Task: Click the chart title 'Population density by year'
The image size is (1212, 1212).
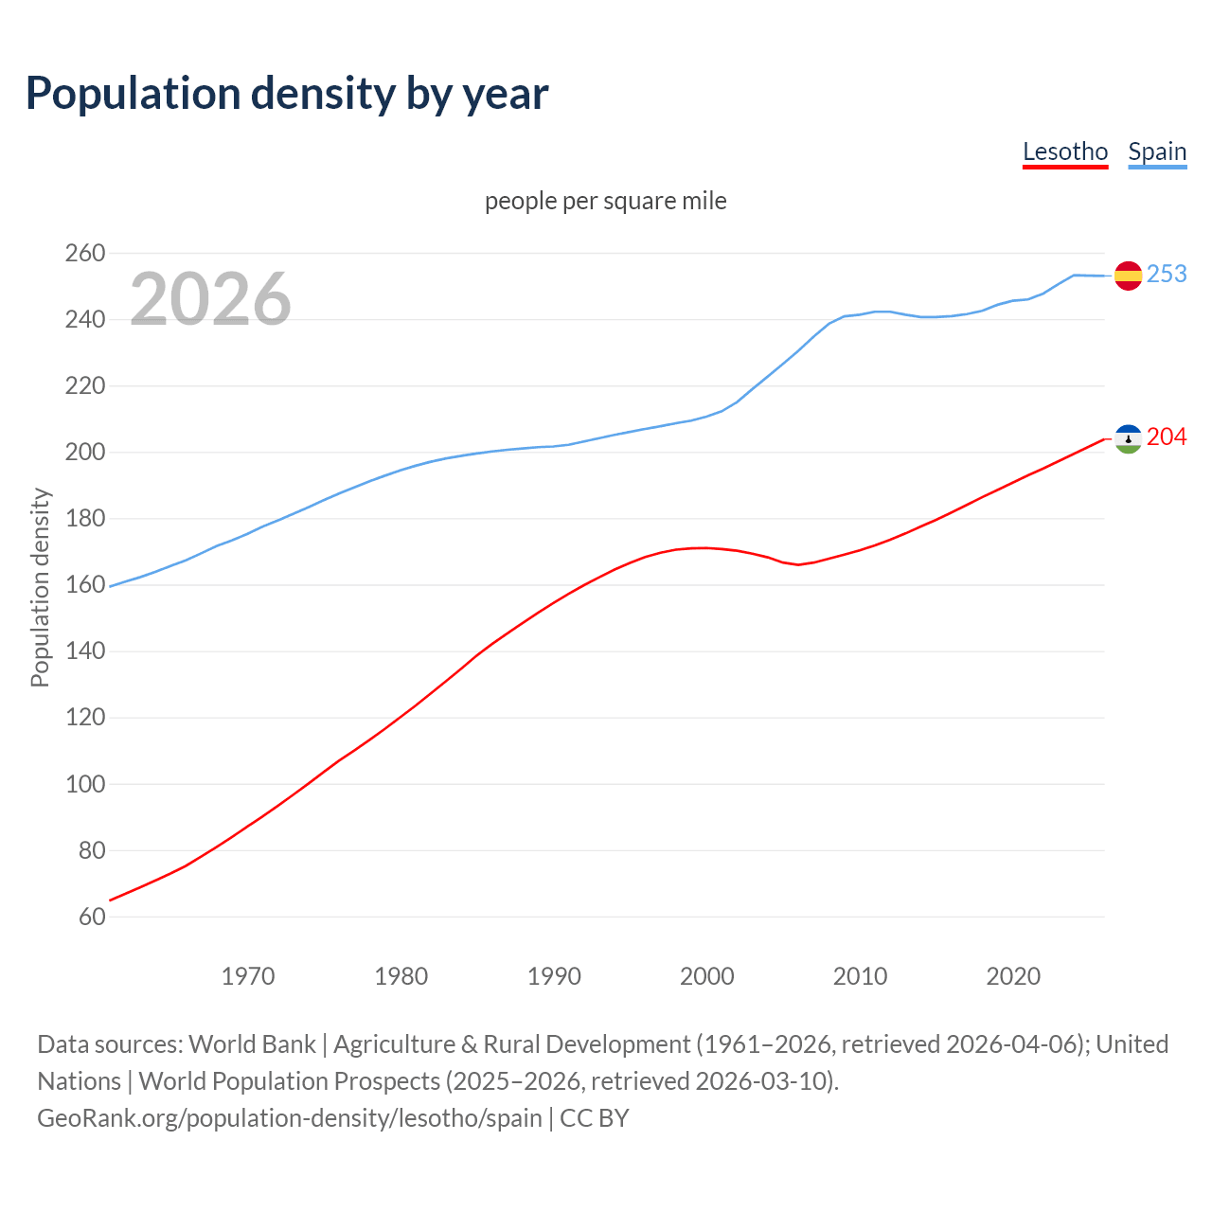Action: (x=287, y=94)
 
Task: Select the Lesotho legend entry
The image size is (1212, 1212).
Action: (x=1065, y=151)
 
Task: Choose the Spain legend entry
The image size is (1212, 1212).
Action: (x=1157, y=151)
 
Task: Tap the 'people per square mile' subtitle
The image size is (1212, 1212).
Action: (x=606, y=201)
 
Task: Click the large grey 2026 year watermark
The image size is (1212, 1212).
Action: (x=210, y=299)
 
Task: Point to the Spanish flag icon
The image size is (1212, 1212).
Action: (x=1128, y=276)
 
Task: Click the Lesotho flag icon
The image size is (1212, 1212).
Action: (x=1128, y=438)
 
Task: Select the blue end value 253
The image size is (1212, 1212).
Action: (x=1167, y=274)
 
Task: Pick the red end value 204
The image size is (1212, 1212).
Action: (x=1167, y=437)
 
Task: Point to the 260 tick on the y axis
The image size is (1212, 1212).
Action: (x=85, y=253)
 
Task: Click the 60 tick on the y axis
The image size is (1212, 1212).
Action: (x=92, y=917)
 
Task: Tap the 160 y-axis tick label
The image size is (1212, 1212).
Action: (x=85, y=585)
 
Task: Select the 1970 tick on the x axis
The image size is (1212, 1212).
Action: (x=248, y=976)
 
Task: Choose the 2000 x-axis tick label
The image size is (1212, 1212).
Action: (x=707, y=976)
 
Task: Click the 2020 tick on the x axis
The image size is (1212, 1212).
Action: (x=1013, y=976)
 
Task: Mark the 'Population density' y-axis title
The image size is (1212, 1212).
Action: (x=40, y=587)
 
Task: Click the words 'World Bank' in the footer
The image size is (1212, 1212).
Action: (x=252, y=1044)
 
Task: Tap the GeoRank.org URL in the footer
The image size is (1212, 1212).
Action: (x=290, y=1118)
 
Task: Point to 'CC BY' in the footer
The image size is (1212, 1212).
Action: (x=595, y=1118)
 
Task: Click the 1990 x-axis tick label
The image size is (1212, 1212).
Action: (x=554, y=976)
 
